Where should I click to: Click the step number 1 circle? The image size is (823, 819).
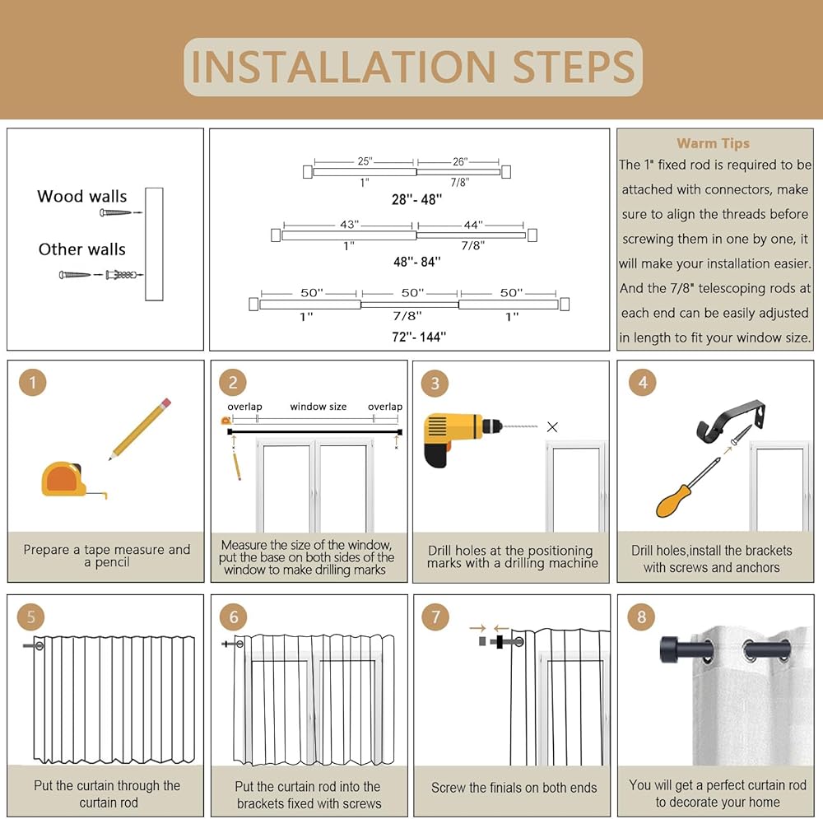[33, 382]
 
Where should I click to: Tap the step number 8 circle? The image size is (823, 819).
[641, 617]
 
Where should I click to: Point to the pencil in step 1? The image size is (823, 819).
[140, 429]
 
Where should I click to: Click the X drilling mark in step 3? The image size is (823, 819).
[552, 427]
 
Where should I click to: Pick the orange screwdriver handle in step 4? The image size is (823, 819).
[674, 500]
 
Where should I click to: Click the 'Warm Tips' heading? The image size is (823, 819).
[713, 143]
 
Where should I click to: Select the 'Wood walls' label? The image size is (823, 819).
[81, 197]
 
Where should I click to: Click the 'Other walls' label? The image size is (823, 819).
[81, 249]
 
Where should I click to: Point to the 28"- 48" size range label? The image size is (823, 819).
[416, 199]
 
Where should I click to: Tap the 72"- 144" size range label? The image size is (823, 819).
[419, 337]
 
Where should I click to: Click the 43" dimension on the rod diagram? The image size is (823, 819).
[349, 225]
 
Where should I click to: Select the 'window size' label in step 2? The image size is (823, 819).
[318, 407]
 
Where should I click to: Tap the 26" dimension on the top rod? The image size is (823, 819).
[460, 161]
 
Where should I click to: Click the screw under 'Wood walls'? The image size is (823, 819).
[118, 212]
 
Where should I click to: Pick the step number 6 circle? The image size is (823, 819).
[234, 617]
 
